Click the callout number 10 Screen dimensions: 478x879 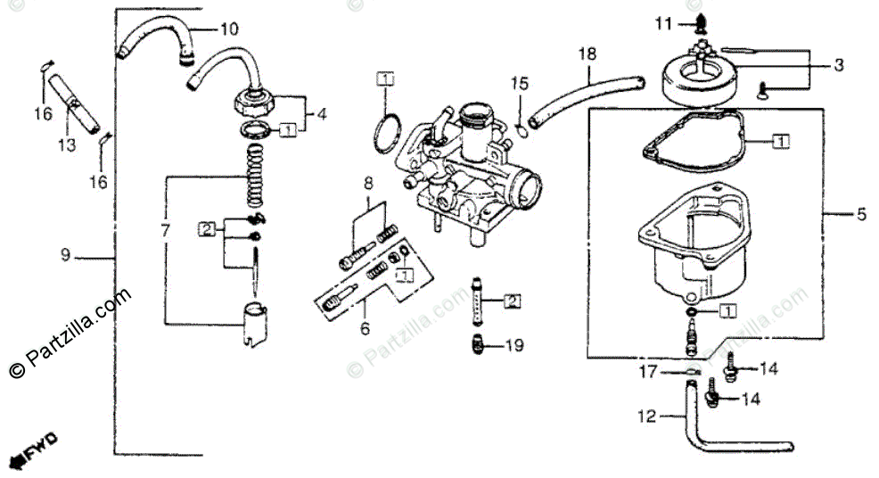[229, 29]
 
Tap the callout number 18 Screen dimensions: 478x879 [587, 54]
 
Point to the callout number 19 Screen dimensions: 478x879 [514, 345]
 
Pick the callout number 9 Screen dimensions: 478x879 [65, 255]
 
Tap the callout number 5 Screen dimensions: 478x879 [860, 214]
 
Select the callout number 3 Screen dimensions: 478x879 [839, 65]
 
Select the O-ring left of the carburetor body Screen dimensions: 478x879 [388, 133]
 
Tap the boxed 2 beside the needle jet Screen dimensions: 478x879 [512, 301]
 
